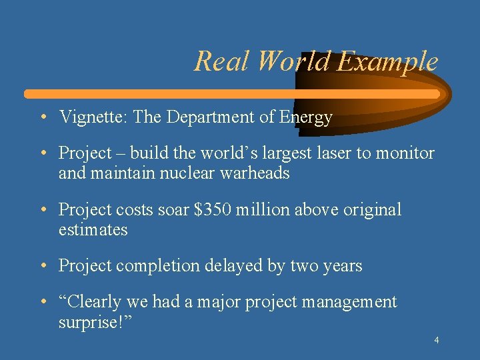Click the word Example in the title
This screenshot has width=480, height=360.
(387, 62)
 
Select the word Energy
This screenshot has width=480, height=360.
(305, 118)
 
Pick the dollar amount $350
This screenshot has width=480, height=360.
(212, 210)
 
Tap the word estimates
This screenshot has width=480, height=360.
(93, 230)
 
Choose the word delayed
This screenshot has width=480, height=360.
(229, 266)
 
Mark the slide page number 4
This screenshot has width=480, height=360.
(436, 341)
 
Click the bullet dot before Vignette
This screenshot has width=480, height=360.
(42, 118)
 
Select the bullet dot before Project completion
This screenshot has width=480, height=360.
(42, 266)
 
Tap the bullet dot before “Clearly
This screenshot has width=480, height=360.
(42, 302)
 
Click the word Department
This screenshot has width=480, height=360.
(210, 118)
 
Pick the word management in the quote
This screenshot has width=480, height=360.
(349, 302)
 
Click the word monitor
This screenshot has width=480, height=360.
(405, 153)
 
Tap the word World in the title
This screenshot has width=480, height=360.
(293, 61)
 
